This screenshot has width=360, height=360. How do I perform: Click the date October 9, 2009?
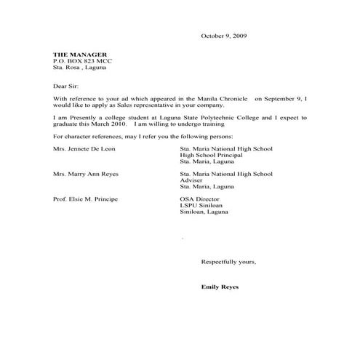click(224, 36)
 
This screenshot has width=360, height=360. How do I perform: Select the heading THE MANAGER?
click(80, 55)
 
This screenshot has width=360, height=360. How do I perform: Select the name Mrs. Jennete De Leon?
click(84, 148)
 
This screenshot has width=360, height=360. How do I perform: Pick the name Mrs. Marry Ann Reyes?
click(85, 174)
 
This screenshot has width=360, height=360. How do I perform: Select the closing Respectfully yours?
click(228, 261)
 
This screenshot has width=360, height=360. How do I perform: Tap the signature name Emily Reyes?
click(220, 287)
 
